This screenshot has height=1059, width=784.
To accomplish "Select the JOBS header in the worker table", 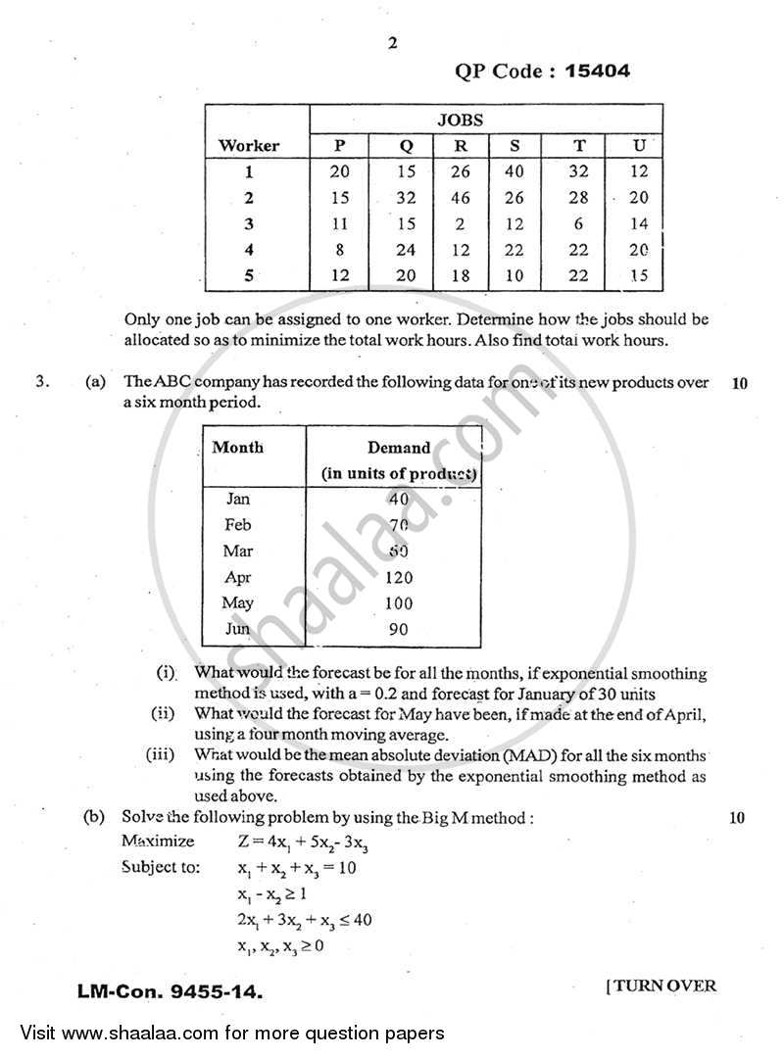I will pos(486,120).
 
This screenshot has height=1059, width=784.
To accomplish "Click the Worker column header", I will pos(248,146).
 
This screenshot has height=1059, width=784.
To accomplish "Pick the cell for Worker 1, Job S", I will pos(514,171).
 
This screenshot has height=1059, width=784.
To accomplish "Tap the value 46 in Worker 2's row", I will pos(459,198).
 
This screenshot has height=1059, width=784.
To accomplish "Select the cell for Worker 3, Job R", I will pos(459,224).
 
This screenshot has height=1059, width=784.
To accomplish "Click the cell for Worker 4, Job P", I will pos(339,250).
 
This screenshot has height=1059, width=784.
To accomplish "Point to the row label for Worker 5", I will pos(248,276).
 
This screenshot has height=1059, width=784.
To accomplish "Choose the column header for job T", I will pos(579,146).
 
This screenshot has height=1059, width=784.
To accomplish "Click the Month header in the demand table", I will pos(238,447).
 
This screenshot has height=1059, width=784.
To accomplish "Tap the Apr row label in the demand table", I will pos(238,577).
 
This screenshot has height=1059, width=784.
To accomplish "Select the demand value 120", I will pos(399,577).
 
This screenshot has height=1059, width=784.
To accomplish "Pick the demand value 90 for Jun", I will pos(398,629).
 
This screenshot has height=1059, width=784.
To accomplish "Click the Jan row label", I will pos(237,499).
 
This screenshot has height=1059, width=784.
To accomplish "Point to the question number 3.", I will pos(41,383).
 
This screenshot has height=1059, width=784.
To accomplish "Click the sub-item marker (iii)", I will pos(161,754).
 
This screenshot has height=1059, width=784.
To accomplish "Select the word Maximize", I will pos(158,842).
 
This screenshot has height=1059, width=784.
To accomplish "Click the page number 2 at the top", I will pos(392,42).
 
